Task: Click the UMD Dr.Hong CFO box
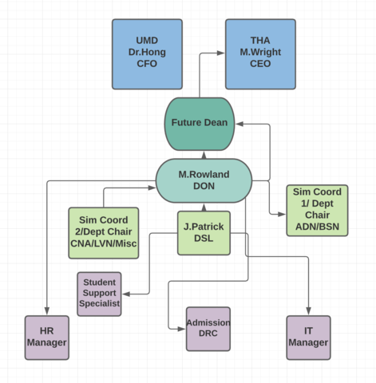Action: (147, 53)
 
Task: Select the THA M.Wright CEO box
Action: (260, 53)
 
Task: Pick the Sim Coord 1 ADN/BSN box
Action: (317, 210)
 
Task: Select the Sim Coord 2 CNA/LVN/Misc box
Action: (104, 233)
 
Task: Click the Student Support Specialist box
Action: (100, 294)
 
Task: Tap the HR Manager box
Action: (47, 337)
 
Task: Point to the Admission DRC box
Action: (208, 329)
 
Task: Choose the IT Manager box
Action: (308, 337)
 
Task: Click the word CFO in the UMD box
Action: (147, 64)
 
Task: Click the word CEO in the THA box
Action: (260, 64)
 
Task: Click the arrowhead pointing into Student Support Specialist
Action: (126, 294)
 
